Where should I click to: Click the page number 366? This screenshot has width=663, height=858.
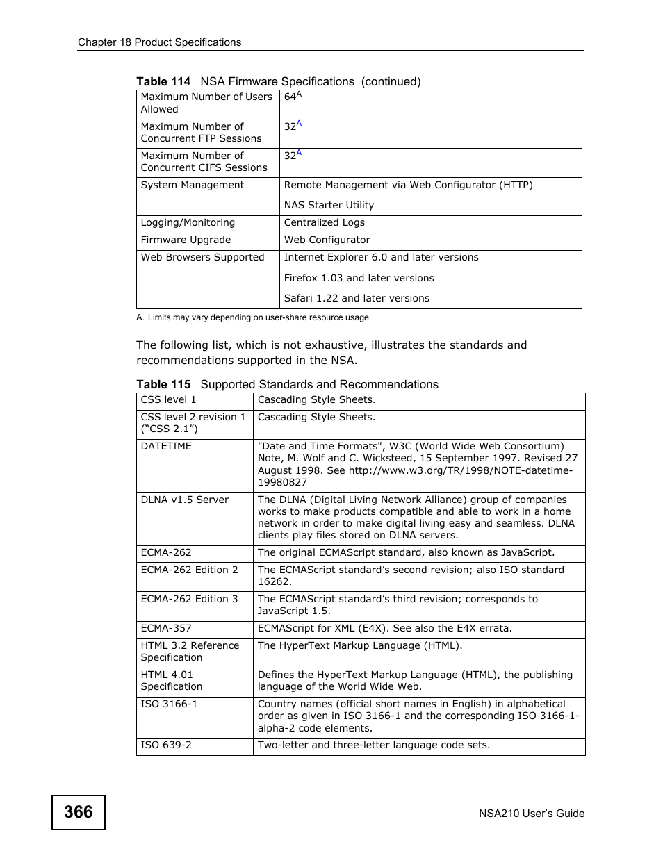tap(78, 812)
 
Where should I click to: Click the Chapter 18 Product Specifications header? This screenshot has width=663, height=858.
tap(159, 42)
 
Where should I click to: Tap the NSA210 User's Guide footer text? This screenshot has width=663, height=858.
tap(532, 814)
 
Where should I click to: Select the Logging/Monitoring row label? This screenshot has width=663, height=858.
tap(188, 223)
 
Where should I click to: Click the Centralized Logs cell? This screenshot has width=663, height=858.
tap(324, 223)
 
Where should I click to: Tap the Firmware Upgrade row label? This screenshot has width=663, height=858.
tap(186, 240)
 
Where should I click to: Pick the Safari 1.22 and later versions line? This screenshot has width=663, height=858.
tap(357, 298)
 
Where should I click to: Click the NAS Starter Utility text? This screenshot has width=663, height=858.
tap(329, 205)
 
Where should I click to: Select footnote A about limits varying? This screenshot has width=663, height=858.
tap(254, 317)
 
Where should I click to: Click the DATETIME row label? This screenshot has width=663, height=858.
tap(166, 446)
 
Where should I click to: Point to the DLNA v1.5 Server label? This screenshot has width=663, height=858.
tap(184, 500)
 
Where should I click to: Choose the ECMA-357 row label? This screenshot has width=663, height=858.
tap(166, 628)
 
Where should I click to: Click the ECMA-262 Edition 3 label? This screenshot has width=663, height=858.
tap(189, 599)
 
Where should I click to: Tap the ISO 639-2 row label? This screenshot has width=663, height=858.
tap(166, 745)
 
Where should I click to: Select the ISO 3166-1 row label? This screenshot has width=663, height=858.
tap(169, 704)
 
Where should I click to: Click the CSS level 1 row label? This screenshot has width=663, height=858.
tap(168, 399)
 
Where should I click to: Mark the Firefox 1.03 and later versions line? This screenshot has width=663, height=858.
tap(359, 278)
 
